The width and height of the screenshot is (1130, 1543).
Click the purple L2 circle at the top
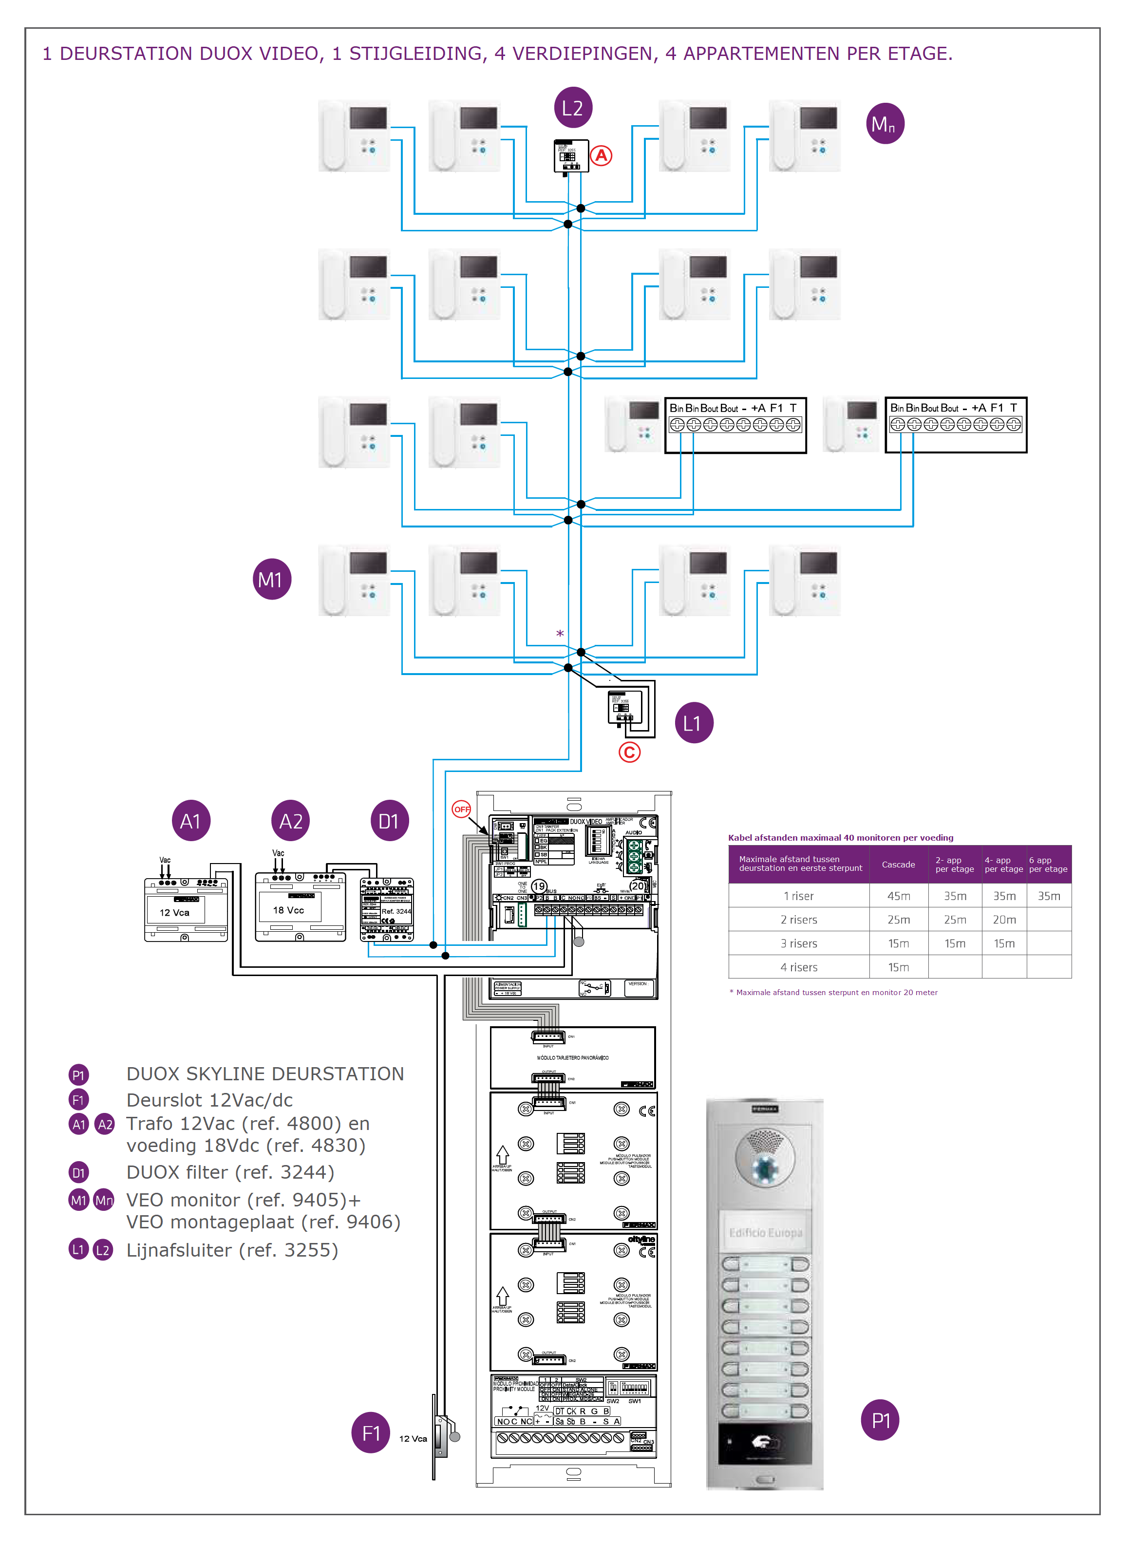tap(572, 107)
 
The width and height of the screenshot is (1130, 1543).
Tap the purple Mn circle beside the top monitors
tap(885, 124)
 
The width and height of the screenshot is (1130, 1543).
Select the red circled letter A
tap(601, 156)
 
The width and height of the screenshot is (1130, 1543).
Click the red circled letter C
tap(629, 753)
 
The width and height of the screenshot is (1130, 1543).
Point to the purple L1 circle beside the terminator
tap(694, 723)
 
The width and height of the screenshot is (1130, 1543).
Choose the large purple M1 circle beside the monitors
tap(272, 579)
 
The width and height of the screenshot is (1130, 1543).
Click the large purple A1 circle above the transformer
tap(191, 821)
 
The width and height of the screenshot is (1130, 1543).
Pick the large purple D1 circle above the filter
tap(389, 821)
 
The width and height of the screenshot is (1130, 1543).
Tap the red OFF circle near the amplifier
tap(462, 809)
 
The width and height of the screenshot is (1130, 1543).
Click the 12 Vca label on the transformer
tap(174, 912)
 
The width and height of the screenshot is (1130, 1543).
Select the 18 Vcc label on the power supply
tap(288, 910)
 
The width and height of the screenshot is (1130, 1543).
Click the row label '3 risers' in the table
tap(798, 943)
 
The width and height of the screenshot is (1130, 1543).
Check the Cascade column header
tap(898, 865)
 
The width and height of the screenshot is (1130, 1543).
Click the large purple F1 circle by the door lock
tap(371, 1433)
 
